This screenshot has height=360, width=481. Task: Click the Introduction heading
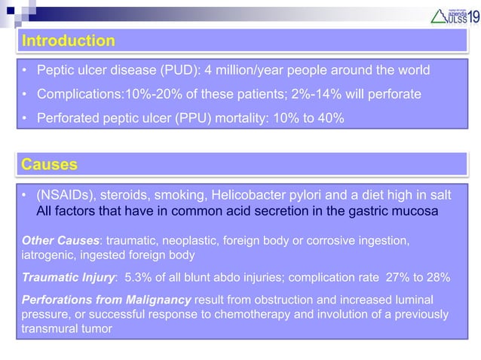tap(69, 40)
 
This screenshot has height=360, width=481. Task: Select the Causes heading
tap(50, 163)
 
